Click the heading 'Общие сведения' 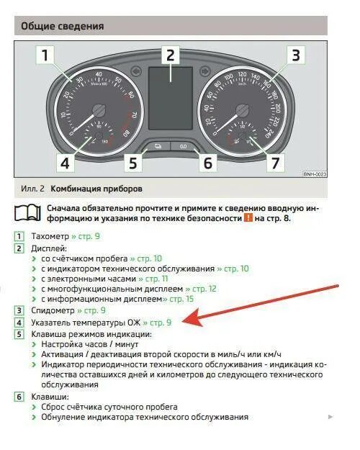(62, 27)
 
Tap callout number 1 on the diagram (45, 55)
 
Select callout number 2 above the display (170, 55)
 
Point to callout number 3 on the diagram (295, 55)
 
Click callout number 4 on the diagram (65, 163)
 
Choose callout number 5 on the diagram (132, 163)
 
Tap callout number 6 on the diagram (207, 163)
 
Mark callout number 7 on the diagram (274, 163)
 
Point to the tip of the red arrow (186, 322)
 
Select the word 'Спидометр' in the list (53, 310)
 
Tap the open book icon (27, 212)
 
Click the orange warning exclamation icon (248, 218)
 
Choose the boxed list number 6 (19, 397)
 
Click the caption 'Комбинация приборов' (95, 189)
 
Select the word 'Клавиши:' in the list (50, 397)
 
